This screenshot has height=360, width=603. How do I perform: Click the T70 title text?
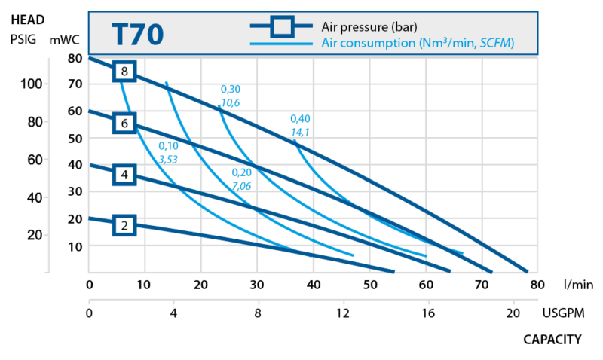click(x=136, y=35)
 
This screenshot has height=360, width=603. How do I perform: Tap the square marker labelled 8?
click(x=125, y=72)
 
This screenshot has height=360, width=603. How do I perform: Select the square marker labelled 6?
click(x=125, y=123)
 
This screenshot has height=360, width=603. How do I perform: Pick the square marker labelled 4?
click(x=125, y=175)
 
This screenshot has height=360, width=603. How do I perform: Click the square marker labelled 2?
click(x=125, y=224)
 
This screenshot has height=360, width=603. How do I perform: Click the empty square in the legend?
click(x=283, y=28)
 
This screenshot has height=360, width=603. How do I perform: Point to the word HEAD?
click(x=28, y=22)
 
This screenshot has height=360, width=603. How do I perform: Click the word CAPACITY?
click(x=552, y=340)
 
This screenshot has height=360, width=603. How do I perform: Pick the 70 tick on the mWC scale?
click(x=73, y=84)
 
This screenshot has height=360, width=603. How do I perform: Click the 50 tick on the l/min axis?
click(x=369, y=285)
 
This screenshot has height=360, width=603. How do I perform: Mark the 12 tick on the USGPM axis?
click(x=343, y=311)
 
